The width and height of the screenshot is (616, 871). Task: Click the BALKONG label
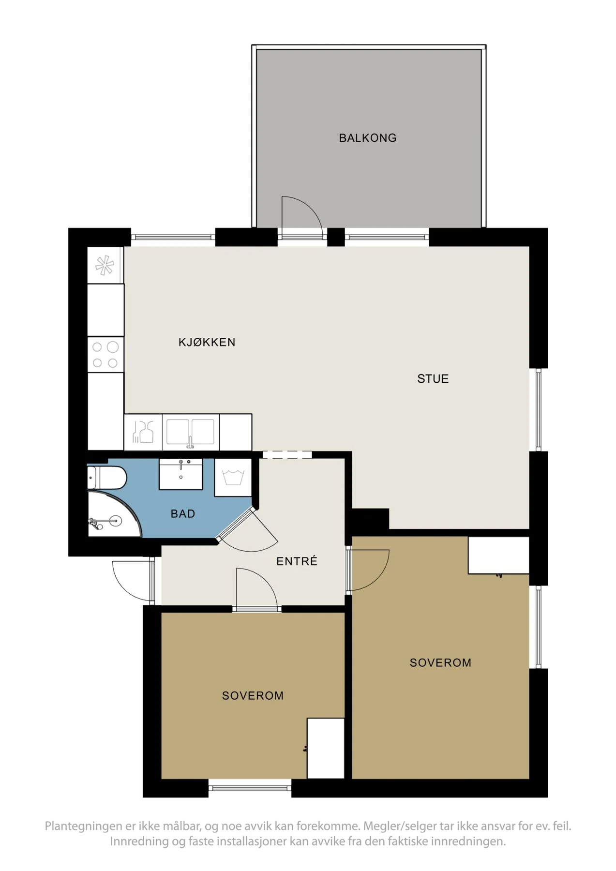(x=367, y=138)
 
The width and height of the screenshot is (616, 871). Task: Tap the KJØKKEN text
(x=207, y=342)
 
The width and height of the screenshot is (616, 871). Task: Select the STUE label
(x=433, y=378)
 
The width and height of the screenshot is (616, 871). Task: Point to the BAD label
(x=182, y=513)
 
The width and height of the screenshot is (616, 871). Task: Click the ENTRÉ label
(x=297, y=561)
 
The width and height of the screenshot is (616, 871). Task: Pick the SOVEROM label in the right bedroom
(x=440, y=662)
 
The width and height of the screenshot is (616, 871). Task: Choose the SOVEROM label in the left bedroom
(x=253, y=695)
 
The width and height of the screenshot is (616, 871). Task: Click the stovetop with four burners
(x=105, y=355)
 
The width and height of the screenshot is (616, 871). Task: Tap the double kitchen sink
(x=190, y=432)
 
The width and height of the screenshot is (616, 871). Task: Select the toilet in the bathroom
(x=106, y=478)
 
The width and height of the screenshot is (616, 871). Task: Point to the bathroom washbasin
(x=180, y=474)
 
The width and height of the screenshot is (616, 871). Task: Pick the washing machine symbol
(x=233, y=477)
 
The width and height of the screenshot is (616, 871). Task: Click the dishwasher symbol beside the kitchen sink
(x=143, y=432)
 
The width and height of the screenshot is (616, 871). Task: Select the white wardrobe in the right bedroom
(x=498, y=556)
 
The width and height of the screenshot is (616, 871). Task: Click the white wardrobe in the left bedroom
(x=326, y=748)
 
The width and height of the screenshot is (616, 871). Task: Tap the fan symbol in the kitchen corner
(x=105, y=265)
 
